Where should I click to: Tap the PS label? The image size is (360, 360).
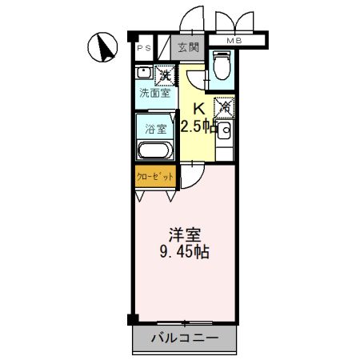pos(145,49)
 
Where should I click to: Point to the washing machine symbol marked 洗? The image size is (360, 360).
pos(165,76)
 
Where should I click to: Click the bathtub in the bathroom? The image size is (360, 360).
pos(154,150)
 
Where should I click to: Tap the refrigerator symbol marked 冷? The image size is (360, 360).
pos(224,106)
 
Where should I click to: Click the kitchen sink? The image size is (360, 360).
pos(226,130)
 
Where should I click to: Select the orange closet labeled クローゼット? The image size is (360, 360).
pos(153,177)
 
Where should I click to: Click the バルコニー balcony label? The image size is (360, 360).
pos(185,339)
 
